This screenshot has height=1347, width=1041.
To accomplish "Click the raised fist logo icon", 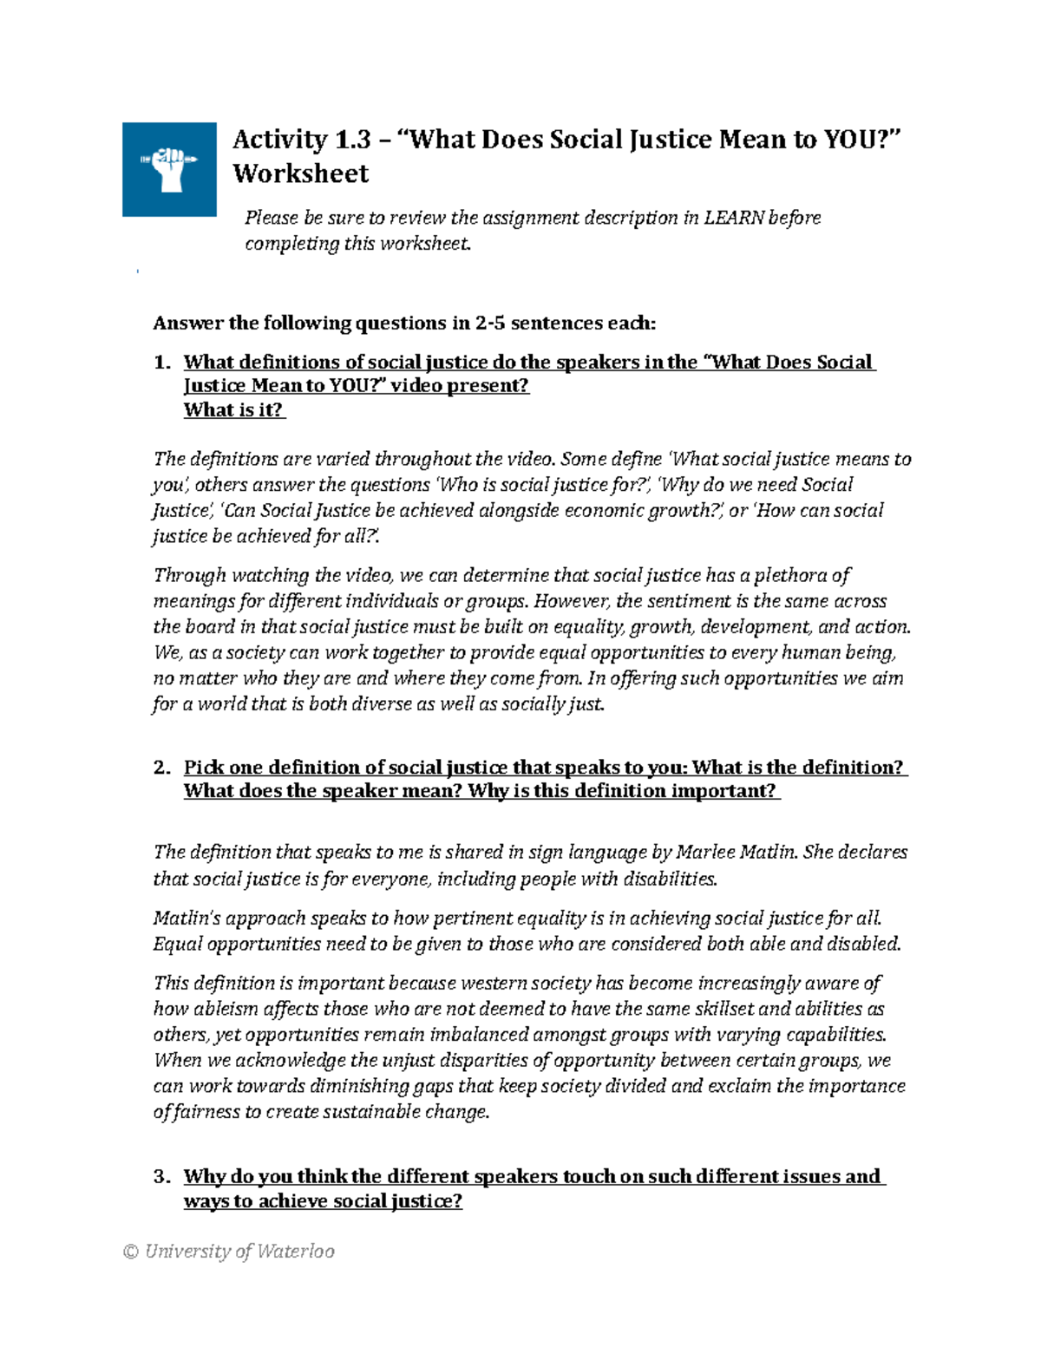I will (169, 168).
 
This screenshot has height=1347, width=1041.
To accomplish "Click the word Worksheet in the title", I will (300, 173).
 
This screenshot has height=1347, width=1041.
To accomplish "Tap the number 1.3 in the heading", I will (351, 139).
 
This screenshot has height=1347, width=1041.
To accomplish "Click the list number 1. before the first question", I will (162, 363).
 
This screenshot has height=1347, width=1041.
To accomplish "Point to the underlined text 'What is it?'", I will (233, 410).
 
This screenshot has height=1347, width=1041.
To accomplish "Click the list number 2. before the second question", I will (162, 768).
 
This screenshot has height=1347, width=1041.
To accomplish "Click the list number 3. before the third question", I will (162, 1177).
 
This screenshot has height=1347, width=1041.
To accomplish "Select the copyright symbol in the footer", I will (131, 1251).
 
